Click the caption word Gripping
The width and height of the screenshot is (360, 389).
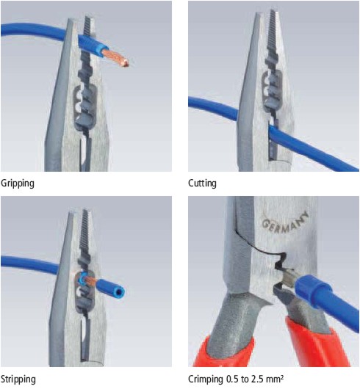(18, 183)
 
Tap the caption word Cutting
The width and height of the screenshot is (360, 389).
(202, 183)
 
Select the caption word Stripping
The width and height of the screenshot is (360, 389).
(18, 379)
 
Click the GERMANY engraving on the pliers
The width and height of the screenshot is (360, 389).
(286, 222)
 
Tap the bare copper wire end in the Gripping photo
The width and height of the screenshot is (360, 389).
(116, 57)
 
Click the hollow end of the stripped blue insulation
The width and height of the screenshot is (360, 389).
(120, 292)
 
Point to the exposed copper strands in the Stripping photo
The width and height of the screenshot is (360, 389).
(90, 280)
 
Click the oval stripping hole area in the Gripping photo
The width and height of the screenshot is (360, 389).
(84, 106)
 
